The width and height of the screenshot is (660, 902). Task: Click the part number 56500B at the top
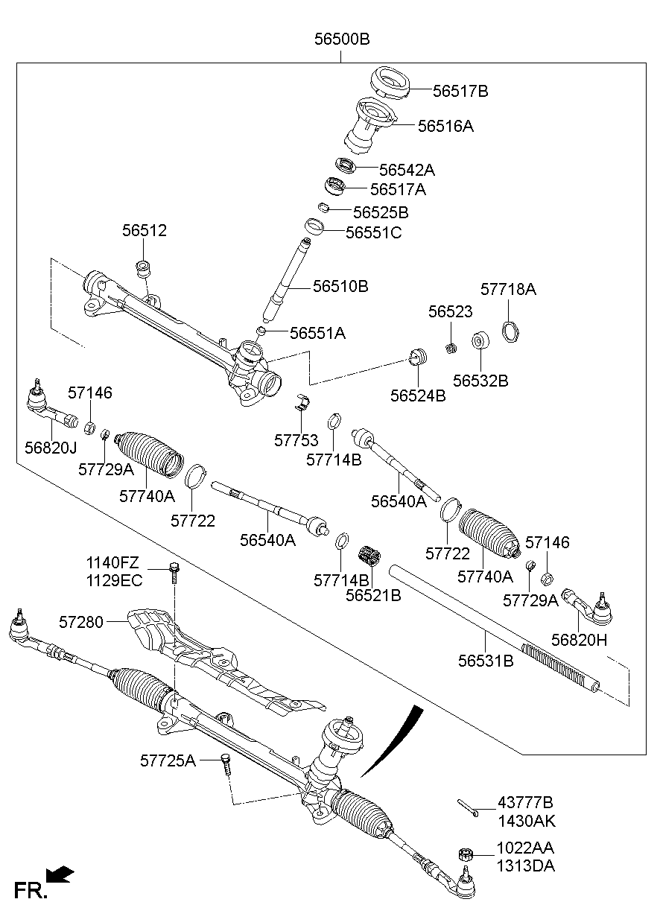coord(341,39)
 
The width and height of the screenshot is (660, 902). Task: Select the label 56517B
coord(460,92)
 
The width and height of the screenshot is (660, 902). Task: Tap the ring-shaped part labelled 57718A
coord(510,328)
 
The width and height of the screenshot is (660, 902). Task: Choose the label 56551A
coord(317,333)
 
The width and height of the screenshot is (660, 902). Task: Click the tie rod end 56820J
coord(49,407)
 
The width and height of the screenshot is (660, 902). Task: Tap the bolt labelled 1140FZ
coord(174,571)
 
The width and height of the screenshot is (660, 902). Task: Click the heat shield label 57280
coord(82,620)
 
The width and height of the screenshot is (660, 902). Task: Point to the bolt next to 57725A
coord(226,763)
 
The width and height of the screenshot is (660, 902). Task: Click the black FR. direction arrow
coord(60,874)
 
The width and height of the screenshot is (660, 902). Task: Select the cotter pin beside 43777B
coord(467,807)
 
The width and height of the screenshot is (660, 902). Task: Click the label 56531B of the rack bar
coord(486,660)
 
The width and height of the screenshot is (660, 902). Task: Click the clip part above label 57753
coord(302,403)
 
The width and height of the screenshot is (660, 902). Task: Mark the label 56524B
coord(417,396)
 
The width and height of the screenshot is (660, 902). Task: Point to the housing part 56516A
coord(369,128)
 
